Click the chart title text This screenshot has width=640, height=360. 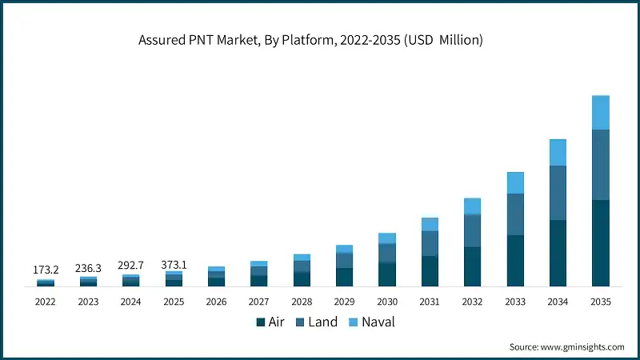320,40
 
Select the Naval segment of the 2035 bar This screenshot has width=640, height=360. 600,112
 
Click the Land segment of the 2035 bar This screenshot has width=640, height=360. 600,165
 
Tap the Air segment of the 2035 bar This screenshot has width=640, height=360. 600,243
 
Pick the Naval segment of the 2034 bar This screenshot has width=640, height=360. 558,153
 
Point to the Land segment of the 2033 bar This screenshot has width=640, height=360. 515,214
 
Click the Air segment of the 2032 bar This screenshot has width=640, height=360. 472,266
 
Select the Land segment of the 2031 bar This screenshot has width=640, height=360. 430,243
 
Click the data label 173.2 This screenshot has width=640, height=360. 46,270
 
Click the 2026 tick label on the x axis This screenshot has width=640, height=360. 216,302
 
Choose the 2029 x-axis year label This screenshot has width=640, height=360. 344,302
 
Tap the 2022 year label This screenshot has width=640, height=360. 46,302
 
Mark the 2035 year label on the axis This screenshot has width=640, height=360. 600,302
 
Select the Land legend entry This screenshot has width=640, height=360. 314,322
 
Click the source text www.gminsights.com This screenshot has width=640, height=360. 566,346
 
